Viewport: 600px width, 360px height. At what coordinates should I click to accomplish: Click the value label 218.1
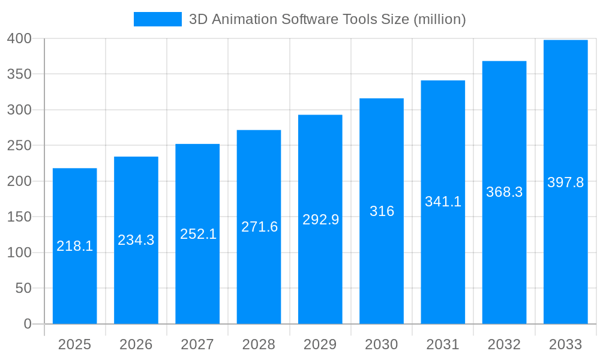74,246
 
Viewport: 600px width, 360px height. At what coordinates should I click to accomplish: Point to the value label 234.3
136,240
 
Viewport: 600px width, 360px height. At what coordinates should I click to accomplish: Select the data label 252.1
198,234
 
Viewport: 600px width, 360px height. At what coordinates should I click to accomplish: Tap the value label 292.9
320,220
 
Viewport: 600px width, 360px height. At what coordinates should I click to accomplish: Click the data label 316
382,211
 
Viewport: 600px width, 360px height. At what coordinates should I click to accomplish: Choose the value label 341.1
443,202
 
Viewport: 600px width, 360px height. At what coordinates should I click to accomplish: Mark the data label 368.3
504,192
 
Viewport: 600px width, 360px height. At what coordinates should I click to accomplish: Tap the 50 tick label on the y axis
23,289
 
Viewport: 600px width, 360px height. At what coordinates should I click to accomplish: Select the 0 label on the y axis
28,324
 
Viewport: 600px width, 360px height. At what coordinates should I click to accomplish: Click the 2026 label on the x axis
136,344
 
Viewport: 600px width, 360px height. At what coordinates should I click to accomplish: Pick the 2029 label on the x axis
320,344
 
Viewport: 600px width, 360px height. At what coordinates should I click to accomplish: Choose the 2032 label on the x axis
504,344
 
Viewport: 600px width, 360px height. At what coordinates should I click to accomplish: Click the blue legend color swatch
157,19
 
